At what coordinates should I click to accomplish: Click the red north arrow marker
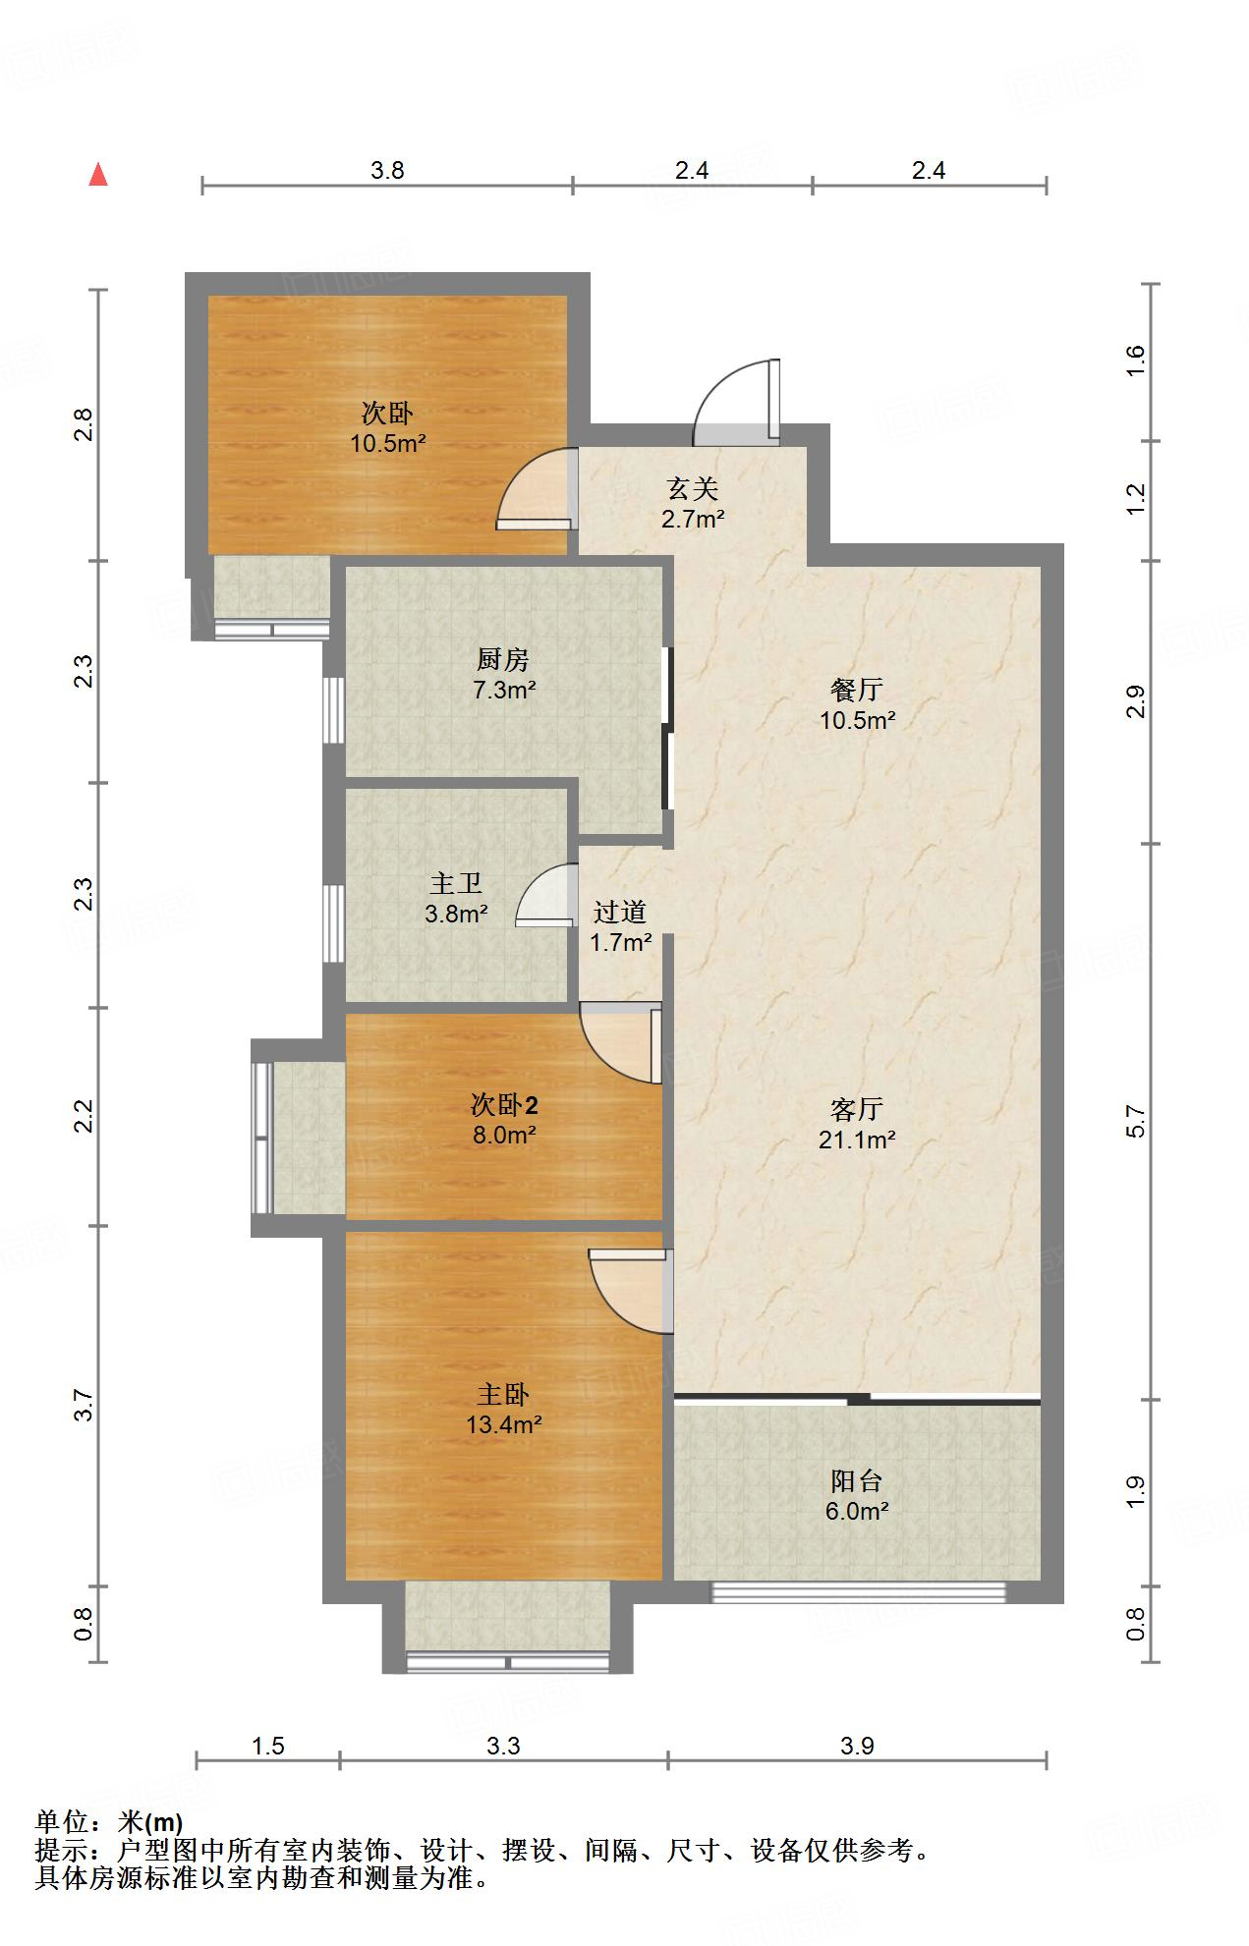coord(98,175)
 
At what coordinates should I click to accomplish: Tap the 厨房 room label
coord(503,659)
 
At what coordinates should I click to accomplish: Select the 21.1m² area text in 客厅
coord(857,1140)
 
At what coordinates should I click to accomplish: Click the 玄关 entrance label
coord(693,489)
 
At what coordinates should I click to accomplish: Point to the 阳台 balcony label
coord(857,1481)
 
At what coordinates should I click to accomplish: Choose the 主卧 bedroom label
coord(503,1394)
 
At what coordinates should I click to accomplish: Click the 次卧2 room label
coord(504,1105)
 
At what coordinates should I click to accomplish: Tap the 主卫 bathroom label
coord(456,884)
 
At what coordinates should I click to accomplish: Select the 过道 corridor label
coord(620,913)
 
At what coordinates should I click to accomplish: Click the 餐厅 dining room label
coord(857,690)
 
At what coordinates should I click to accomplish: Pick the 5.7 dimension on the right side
coord(1136,1121)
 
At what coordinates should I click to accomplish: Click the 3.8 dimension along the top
coord(387,171)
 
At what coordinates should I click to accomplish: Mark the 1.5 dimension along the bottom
coord(268,1746)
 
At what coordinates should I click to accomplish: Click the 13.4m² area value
coord(504,1424)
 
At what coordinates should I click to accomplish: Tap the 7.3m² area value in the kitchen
coord(504,690)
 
